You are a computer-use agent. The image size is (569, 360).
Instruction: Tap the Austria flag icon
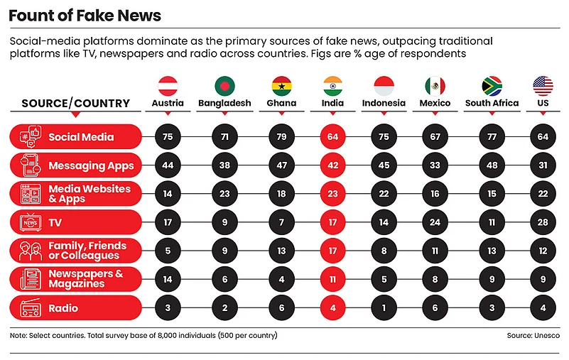click(168, 86)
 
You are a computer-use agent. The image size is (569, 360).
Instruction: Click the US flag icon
click(543, 86)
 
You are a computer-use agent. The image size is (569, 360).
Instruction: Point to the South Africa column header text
click(492, 103)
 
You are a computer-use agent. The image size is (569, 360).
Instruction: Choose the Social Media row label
click(81, 137)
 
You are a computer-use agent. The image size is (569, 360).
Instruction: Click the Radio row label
click(63, 309)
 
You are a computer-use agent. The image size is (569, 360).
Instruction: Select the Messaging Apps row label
click(91, 165)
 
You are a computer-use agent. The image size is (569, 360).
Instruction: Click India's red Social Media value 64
click(332, 137)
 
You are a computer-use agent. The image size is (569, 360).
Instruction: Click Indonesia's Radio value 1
click(384, 309)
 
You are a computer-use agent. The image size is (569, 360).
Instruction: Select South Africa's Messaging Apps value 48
click(492, 165)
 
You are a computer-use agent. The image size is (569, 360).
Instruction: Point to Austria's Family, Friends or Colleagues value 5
click(168, 251)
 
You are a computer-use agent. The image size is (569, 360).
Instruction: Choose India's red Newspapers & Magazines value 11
click(332, 280)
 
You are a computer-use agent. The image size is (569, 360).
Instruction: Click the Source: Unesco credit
click(533, 335)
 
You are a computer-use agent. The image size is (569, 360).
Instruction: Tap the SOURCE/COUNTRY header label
click(76, 104)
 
